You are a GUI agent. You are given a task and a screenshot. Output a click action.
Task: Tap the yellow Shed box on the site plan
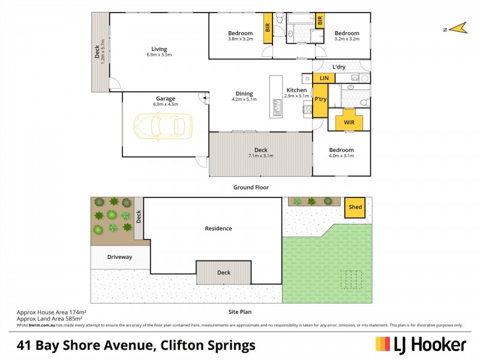[x=355, y=208]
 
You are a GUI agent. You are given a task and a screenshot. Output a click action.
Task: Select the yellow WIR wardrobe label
[x=348, y=123]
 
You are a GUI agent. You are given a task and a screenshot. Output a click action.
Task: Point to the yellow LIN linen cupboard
[x=324, y=79]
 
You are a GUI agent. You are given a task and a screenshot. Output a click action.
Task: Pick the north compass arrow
[x=458, y=28]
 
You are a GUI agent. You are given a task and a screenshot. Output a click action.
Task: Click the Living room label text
[x=159, y=49]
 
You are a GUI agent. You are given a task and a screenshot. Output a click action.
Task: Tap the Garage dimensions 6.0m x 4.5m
[x=166, y=104]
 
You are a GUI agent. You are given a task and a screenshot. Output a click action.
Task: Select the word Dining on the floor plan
[x=244, y=94]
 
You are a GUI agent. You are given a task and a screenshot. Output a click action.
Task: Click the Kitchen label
[x=296, y=90]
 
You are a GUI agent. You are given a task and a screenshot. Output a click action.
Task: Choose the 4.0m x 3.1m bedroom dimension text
[x=341, y=156]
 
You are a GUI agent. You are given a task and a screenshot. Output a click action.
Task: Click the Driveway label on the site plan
[x=119, y=257]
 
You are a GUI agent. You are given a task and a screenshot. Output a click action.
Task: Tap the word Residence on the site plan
[x=218, y=228]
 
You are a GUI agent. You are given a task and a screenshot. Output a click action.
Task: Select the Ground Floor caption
[x=251, y=187]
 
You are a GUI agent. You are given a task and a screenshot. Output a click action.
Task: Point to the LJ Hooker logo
[x=421, y=344]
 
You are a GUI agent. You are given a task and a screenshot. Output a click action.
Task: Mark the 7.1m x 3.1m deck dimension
[x=260, y=156]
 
